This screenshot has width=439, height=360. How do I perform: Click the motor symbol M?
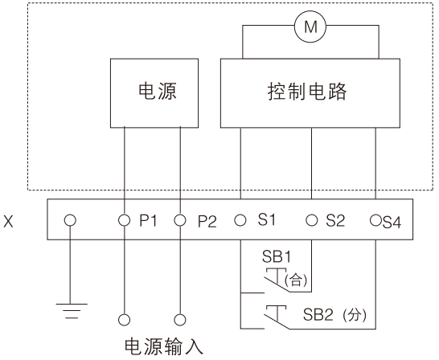point(310,27)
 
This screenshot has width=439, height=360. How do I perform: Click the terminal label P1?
point(149,221)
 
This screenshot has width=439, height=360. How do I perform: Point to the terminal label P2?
point(207,222)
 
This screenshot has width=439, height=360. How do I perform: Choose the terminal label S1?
point(267,219)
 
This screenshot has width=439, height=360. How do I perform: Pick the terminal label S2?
point(335,220)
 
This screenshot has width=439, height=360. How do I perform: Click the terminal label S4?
point(392,223)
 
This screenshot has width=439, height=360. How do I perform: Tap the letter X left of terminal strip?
point(8,222)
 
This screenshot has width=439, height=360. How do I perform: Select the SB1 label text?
point(277,256)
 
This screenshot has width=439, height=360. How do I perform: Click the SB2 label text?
point(318,315)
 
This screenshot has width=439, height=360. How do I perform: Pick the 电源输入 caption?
point(164,347)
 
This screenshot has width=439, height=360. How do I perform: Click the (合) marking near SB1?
point(296,280)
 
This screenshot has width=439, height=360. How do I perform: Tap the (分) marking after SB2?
point(354,315)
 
